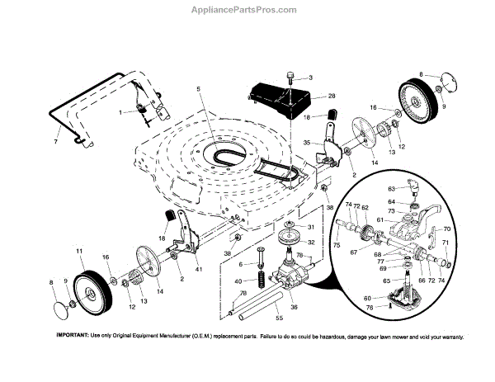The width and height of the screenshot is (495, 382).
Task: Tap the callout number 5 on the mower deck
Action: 198,88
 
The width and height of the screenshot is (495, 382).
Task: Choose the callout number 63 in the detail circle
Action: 393,188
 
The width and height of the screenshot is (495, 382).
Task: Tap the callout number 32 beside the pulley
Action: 288,242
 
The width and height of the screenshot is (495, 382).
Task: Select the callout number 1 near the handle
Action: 120,111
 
